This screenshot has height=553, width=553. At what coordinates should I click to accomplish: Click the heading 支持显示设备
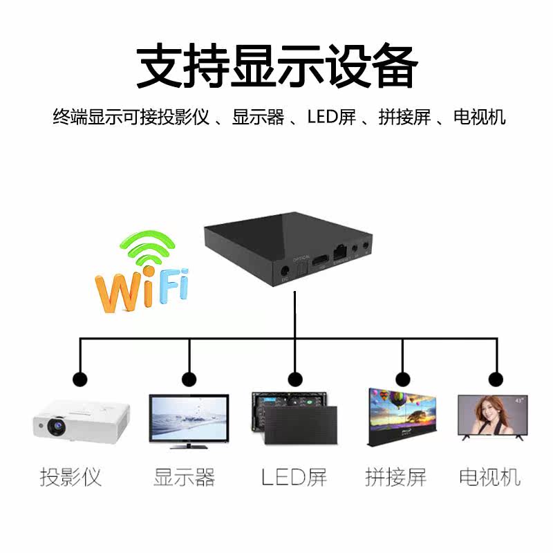point(276,67)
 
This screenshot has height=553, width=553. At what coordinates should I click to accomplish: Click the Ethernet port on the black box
point(339,252)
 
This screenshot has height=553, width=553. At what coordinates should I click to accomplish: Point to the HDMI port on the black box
point(319,261)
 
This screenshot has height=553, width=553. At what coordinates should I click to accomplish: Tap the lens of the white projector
point(55,427)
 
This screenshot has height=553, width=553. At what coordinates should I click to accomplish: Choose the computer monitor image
point(189,420)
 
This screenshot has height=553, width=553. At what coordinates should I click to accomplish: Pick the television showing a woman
point(492,417)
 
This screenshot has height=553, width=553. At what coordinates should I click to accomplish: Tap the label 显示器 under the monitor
point(184,477)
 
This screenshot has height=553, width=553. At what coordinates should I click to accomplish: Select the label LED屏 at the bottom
point(294,477)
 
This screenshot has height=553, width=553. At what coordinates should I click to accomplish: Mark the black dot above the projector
point(80,379)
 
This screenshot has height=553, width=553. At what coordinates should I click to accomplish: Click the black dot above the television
point(496,379)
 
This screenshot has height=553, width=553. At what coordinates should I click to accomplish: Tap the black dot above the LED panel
point(295,379)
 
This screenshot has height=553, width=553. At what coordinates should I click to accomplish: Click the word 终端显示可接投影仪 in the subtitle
point(131,117)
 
